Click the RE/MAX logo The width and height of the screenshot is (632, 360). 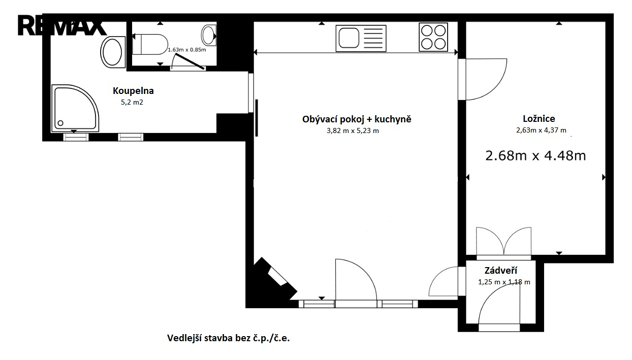(x=62, y=25)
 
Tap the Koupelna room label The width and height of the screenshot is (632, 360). (x=133, y=91)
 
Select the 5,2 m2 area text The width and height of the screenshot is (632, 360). (x=132, y=102)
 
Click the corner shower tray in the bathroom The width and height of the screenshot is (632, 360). (x=75, y=108)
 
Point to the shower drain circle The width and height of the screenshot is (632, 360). (x=60, y=123)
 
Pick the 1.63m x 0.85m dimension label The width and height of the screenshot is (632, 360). (x=187, y=50)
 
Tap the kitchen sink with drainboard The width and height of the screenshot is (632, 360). (x=361, y=39)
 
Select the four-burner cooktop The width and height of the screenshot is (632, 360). (x=433, y=37)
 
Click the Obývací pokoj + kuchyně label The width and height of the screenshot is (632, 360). (x=357, y=119)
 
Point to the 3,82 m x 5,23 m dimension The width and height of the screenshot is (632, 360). (x=353, y=131)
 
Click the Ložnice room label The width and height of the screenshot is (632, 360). (x=539, y=119)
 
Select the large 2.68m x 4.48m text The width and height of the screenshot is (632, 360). (x=535, y=155)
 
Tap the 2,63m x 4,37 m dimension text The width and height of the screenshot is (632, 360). (x=541, y=130)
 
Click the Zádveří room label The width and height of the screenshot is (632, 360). (x=501, y=271)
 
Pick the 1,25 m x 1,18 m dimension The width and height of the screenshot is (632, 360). (x=504, y=282)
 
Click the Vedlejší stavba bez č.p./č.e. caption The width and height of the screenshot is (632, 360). (x=228, y=338)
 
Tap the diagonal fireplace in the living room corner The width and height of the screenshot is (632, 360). (x=275, y=279)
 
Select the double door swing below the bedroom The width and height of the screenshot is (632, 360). (x=503, y=242)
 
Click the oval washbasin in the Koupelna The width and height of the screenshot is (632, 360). (x=113, y=52)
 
